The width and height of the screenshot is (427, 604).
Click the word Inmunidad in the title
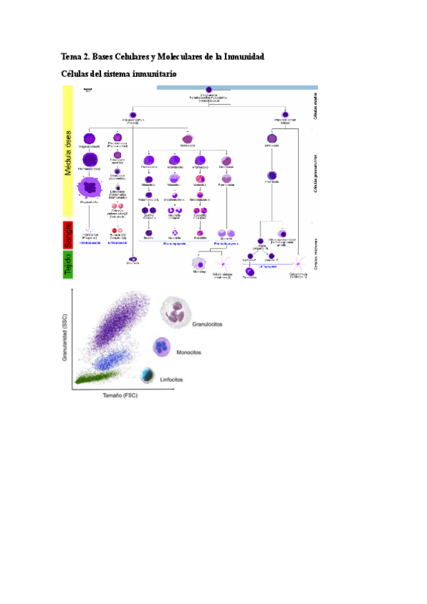pyautogui.click(x=240, y=56)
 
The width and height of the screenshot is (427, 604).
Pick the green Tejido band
pyautogui.click(x=69, y=265)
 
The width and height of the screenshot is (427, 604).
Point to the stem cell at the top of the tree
pyautogui.click(x=209, y=90)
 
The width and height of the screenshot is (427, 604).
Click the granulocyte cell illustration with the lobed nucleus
pyautogui.click(x=177, y=311)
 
